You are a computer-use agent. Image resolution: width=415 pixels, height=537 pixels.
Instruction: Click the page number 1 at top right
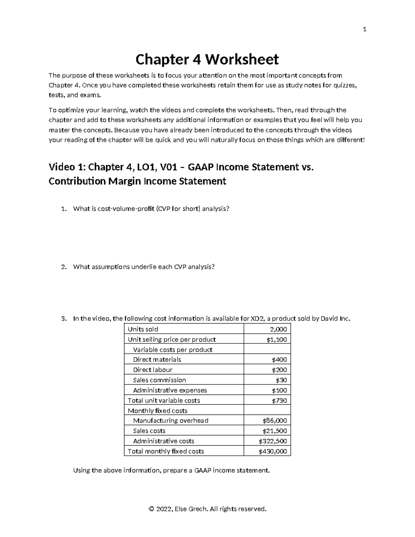364,29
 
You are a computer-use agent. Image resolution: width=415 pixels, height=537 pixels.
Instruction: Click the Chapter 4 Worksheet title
207,59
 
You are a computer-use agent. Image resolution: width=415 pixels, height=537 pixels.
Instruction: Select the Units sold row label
143,329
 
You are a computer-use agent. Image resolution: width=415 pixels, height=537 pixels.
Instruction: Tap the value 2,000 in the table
278,329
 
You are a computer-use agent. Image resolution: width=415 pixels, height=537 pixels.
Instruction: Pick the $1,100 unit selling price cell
276,340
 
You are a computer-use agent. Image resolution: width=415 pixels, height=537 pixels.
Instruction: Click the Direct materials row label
157,360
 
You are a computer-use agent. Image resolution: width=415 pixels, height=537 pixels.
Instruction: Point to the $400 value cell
279,360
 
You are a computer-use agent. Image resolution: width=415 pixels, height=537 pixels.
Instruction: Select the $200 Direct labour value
279,370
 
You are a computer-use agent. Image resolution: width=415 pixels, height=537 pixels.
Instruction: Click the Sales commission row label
159,380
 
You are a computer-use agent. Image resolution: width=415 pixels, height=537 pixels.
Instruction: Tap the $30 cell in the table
281,380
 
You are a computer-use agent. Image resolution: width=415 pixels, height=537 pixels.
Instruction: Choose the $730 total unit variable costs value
279,400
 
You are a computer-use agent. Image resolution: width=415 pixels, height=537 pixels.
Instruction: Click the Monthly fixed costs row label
157,411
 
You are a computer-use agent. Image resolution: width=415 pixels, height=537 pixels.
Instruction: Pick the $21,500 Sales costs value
275,431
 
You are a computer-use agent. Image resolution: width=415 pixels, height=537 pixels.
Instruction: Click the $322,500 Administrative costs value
273,441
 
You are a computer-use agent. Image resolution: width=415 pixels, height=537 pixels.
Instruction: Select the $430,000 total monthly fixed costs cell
273,451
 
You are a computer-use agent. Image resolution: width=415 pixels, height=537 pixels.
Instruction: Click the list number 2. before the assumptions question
63,267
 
